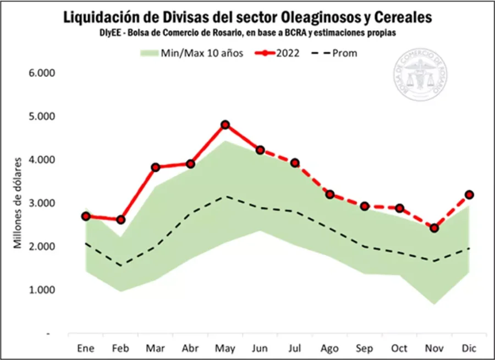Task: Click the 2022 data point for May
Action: point(225,125)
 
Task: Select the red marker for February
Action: point(120,220)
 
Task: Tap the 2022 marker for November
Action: point(434,228)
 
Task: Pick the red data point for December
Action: point(469,195)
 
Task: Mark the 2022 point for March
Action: point(155,167)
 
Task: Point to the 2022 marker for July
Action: point(295,163)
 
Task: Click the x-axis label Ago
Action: point(329,348)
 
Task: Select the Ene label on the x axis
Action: point(86,348)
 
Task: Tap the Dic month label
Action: point(469,348)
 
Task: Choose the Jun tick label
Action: point(260,348)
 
